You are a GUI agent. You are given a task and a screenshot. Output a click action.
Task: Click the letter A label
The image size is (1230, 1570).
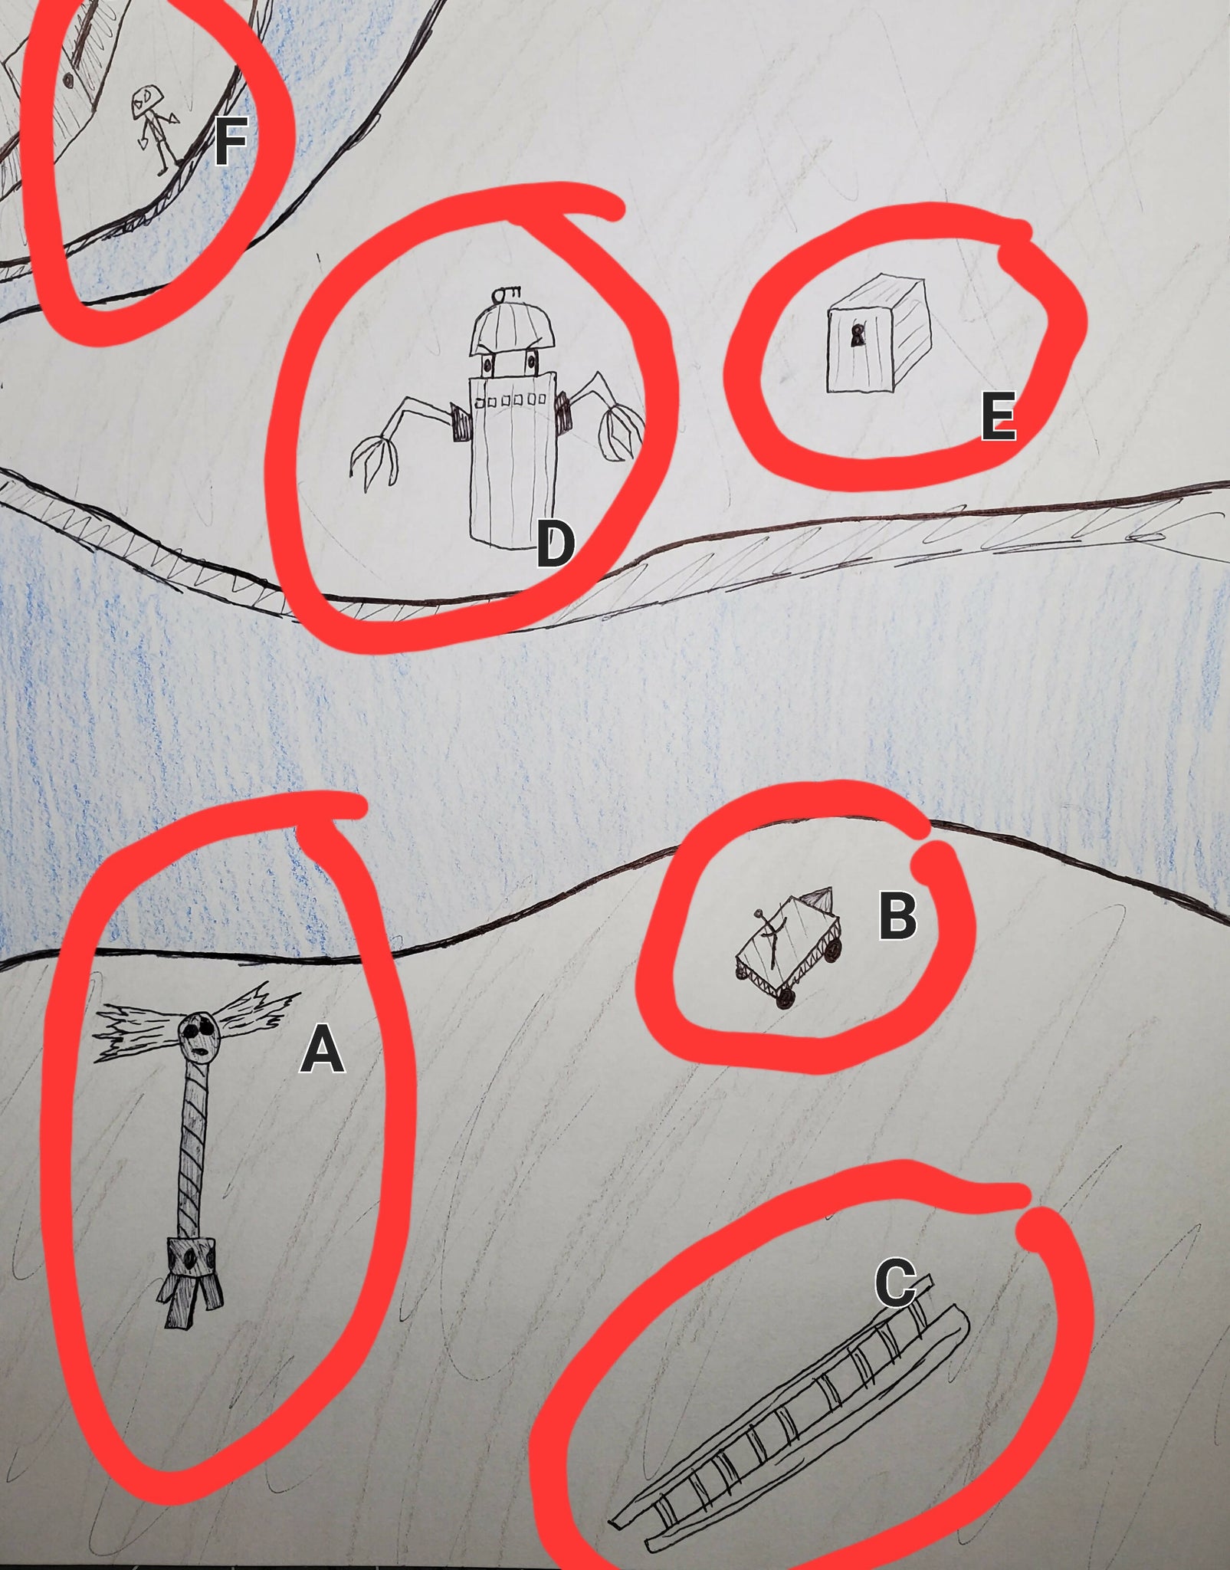[x=322, y=1050]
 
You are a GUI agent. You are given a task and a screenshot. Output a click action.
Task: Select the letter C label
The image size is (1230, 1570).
[x=895, y=1283]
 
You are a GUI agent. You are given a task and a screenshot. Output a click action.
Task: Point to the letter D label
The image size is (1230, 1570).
[x=555, y=543]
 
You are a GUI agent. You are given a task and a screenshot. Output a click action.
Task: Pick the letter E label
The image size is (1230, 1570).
[x=999, y=416]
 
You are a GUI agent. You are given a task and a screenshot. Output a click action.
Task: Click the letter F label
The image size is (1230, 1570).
[x=230, y=141]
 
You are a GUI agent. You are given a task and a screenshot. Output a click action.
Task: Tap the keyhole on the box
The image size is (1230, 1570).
[x=857, y=335]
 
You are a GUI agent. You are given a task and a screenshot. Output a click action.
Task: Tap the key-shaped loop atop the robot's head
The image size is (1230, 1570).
[x=506, y=293]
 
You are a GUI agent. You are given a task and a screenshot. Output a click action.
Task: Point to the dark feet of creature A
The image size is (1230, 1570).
[x=190, y=1300]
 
